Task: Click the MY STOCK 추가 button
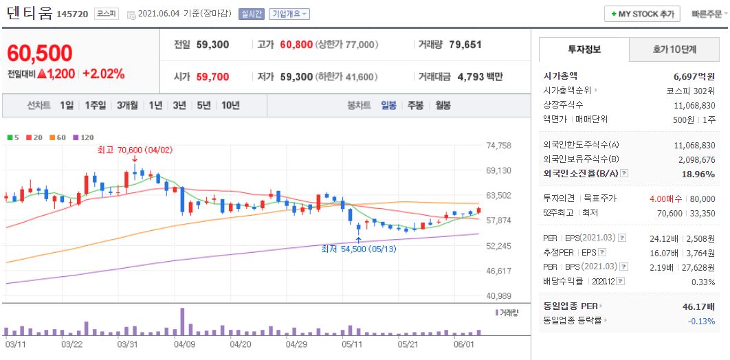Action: [642, 14]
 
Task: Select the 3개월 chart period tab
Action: [127, 105]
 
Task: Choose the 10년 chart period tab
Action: [230, 105]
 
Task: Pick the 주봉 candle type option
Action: [415, 105]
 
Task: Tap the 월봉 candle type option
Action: [443, 105]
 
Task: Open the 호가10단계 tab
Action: [674, 49]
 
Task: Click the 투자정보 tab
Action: [584, 49]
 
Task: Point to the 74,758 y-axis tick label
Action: [498, 146]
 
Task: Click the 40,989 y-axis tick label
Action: [498, 295]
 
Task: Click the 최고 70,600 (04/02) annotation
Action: [135, 148]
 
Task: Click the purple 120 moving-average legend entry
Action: [83, 137]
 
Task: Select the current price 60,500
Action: [40, 53]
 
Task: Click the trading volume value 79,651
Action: [465, 45]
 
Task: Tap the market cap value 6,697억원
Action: [694, 76]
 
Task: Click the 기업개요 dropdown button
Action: [289, 14]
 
